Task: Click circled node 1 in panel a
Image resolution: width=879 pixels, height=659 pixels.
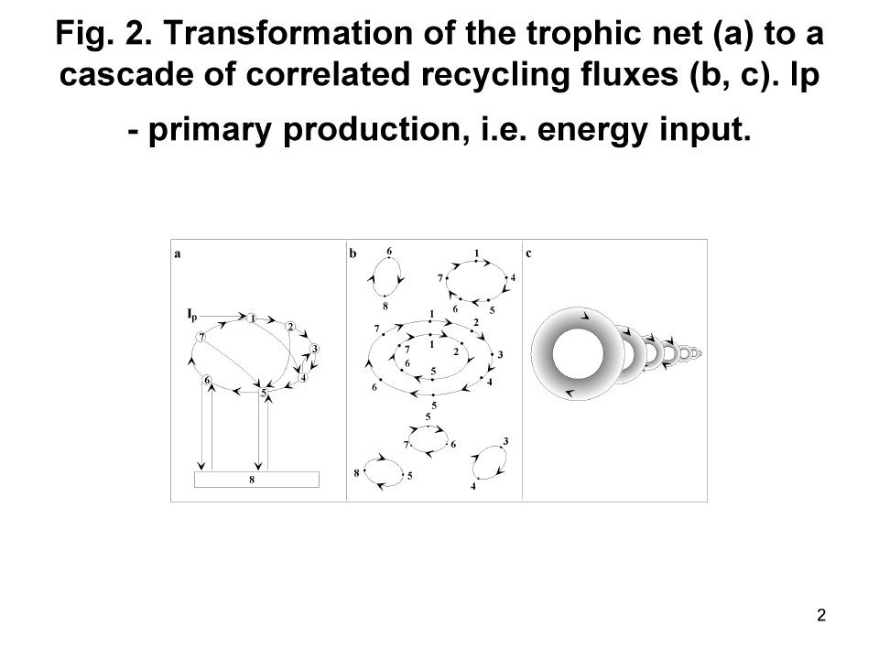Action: click(252, 319)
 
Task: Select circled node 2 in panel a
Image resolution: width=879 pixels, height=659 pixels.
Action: click(290, 327)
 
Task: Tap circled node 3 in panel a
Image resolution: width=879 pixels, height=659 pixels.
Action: click(314, 349)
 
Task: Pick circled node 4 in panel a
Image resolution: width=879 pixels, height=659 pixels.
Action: click(303, 377)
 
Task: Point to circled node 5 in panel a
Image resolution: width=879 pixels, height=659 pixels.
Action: click(264, 393)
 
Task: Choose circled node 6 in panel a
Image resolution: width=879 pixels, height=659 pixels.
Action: click(208, 380)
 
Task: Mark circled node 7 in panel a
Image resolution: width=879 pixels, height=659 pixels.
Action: click(201, 337)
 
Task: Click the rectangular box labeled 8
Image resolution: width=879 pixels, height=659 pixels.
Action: click(256, 480)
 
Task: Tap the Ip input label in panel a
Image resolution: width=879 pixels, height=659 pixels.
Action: click(192, 314)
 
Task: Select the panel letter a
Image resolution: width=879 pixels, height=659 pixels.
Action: click(178, 254)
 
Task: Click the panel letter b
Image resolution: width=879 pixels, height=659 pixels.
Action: click(353, 254)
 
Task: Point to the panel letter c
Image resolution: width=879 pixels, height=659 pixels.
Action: click(528, 254)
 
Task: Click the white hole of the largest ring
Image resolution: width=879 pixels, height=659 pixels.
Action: click(578, 354)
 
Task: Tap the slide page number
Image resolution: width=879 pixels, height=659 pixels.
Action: click(821, 615)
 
